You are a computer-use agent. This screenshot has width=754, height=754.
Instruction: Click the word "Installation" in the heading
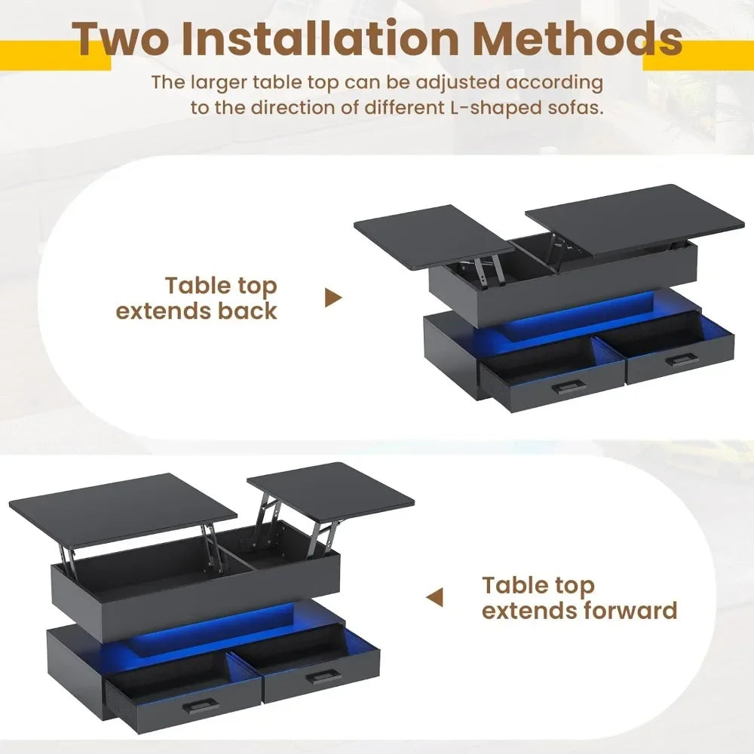(320, 38)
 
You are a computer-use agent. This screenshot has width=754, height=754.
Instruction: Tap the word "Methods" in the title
(578, 38)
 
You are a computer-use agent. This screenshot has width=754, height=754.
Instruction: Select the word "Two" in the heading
(120, 38)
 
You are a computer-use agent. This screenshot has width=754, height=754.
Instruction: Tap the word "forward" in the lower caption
(630, 610)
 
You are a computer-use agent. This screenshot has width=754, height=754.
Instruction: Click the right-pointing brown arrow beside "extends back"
(333, 298)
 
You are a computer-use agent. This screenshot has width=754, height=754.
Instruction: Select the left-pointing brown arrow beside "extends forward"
(435, 597)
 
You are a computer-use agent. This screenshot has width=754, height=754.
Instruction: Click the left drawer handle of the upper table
(569, 386)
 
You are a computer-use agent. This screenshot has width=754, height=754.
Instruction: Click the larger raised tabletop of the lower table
(123, 509)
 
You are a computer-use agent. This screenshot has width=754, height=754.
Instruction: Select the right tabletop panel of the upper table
(635, 216)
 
